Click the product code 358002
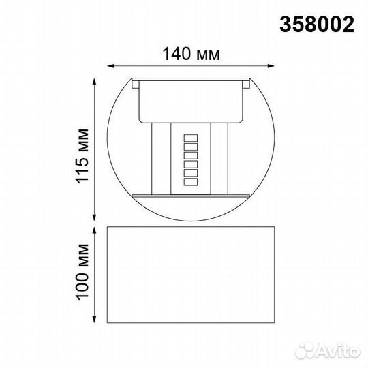click(317, 25)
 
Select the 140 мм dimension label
click(191, 54)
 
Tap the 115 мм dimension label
click(82, 156)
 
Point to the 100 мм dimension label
click(82, 271)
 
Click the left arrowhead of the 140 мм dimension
click(111, 66)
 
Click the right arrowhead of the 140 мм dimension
click(271, 66)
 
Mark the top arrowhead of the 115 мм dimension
click(94, 82)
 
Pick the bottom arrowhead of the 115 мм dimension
click(94, 217)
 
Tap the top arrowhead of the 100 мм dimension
click(94, 230)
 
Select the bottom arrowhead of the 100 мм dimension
click(94, 319)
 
